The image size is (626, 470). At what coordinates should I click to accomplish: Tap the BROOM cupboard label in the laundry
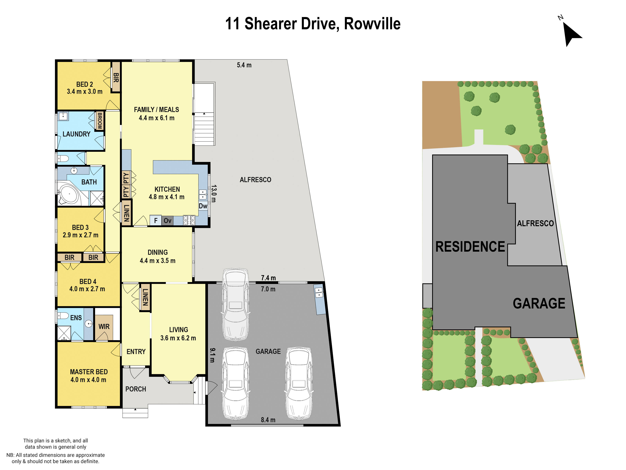tap(100, 121)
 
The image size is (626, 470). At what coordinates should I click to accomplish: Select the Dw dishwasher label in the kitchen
tap(203, 206)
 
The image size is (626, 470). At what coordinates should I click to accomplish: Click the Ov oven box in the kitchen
tap(167, 220)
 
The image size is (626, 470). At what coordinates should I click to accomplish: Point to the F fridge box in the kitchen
tap(156, 220)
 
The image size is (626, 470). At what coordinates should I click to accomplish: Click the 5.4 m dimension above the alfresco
tap(244, 65)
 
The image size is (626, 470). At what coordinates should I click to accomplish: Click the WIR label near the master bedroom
tap(104, 326)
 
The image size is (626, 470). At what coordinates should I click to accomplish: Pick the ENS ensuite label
tap(76, 318)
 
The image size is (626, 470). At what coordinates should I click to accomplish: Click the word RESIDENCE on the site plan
tap(470, 247)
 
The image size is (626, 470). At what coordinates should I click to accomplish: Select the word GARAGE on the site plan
tap(539, 303)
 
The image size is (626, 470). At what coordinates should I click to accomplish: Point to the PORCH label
tap(136, 389)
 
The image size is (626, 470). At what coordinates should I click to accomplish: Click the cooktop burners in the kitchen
tap(189, 220)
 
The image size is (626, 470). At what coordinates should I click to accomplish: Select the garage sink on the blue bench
tap(319, 292)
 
